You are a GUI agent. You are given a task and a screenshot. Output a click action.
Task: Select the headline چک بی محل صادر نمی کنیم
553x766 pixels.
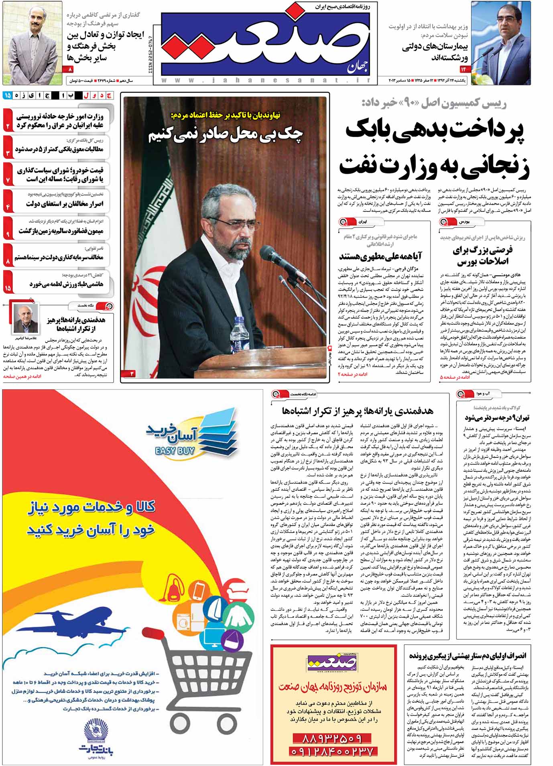click(226, 135)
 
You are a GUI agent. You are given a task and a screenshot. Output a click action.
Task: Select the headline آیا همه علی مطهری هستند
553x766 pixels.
click(380, 256)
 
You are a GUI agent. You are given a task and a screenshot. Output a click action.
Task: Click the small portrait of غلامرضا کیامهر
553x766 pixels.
click(26, 318)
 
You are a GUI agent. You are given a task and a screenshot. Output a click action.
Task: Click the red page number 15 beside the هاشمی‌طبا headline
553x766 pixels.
click(8, 288)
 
